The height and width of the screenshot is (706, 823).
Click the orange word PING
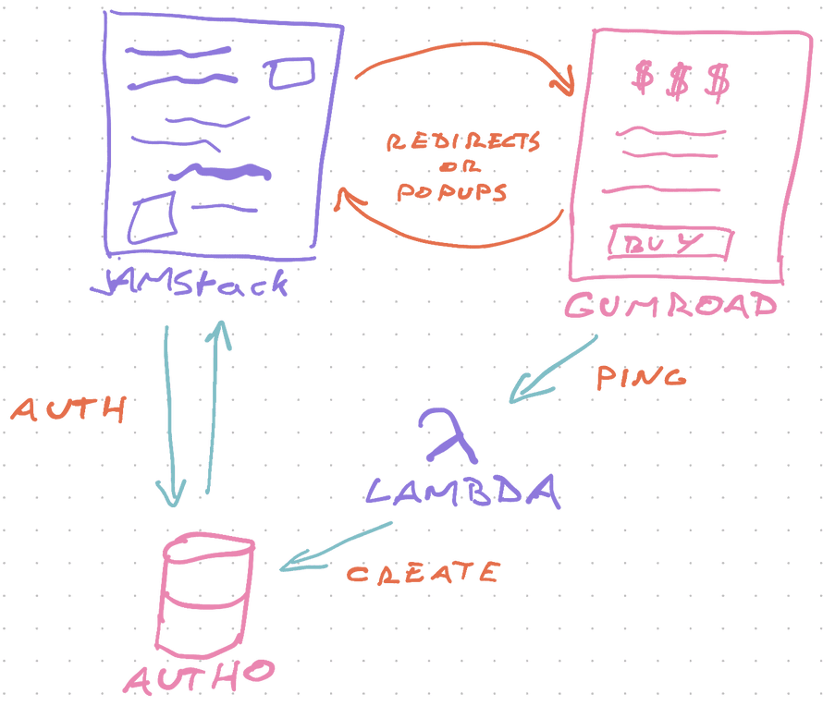coord(640,377)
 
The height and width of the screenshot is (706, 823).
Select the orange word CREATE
coord(423,573)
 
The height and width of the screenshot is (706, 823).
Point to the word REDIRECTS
coord(463,143)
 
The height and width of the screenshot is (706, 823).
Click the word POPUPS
coord(452,193)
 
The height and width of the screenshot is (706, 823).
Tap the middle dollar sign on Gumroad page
coord(677,81)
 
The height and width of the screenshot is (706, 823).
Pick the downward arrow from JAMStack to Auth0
coord(171,416)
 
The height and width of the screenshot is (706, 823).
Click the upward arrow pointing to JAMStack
coord(214,407)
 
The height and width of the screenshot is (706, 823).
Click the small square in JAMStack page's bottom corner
coord(153,218)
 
